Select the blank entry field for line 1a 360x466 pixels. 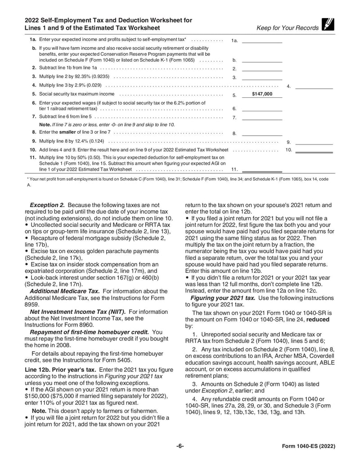[262, 40]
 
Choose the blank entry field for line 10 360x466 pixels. [314, 149]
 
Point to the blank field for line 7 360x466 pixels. [262, 117]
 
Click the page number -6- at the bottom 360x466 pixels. [180, 446]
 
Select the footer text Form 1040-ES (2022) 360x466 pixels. [308, 446]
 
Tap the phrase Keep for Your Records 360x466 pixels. [287, 28]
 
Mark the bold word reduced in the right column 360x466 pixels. [318, 320]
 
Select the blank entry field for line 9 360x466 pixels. [314, 141]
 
